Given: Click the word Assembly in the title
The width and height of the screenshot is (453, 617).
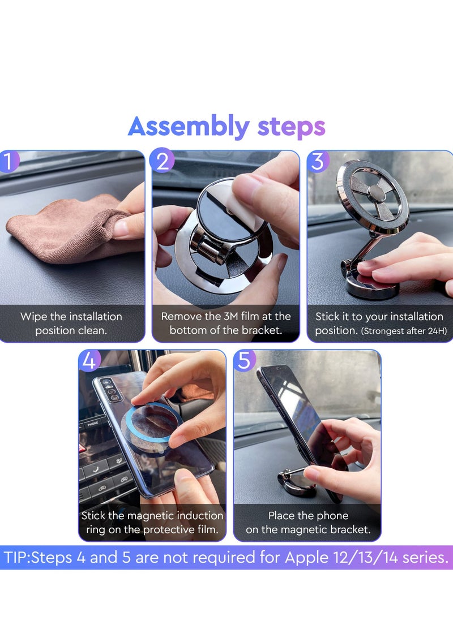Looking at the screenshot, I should click(188, 127).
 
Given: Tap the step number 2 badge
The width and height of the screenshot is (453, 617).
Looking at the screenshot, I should click(163, 162).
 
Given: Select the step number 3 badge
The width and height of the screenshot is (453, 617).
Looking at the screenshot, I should click(318, 162).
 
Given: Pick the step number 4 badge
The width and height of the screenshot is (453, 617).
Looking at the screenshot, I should click(89, 360).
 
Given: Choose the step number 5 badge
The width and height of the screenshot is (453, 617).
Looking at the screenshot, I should click(244, 360).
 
